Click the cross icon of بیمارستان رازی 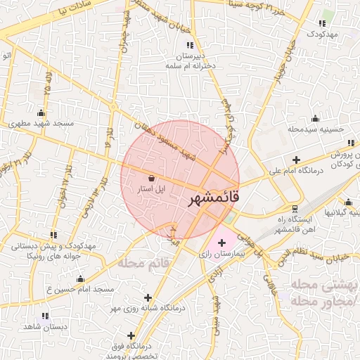tap(222, 243)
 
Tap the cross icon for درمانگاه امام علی tap(296, 160)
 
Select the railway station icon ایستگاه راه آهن tap(295, 208)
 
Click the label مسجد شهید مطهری tap(38, 124)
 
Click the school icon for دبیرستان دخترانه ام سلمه tap(189, 45)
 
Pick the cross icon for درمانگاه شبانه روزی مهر tap(147, 297)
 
